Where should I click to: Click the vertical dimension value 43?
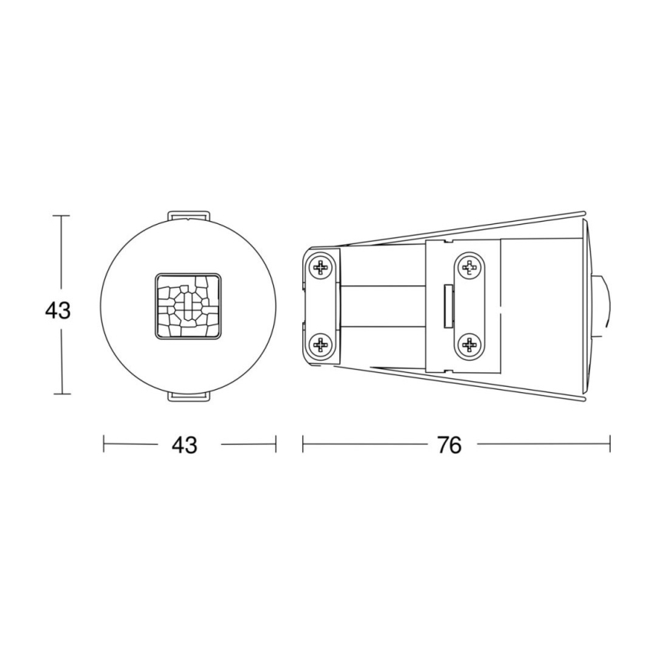(58, 311)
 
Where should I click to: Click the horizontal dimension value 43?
(185, 445)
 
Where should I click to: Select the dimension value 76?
(450, 445)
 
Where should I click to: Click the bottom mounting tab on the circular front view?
(188, 395)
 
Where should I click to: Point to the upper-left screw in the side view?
(321, 268)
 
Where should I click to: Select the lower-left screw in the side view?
(321, 347)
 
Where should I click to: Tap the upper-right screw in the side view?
(468, 268)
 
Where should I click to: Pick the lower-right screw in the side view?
(468, 346)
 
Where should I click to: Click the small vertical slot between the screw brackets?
(448, 306)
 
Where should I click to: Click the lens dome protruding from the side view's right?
(605, 307)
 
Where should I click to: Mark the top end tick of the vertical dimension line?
(61, 216)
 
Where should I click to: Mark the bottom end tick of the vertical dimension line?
(61, 394)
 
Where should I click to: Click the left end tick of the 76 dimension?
(303, 443)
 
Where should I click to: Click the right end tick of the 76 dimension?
(610, 443)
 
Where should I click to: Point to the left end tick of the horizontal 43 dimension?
(104, 443)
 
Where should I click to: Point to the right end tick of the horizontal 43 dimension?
(275, 443)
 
